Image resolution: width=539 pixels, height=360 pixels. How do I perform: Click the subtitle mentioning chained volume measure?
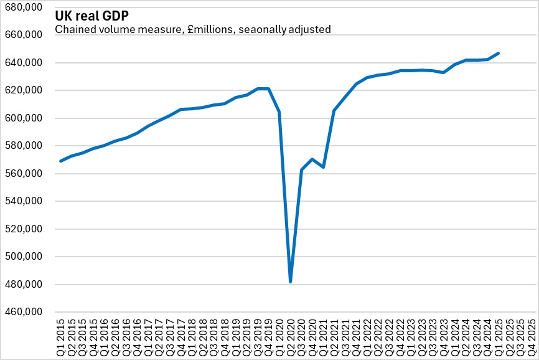(x=192, y=29)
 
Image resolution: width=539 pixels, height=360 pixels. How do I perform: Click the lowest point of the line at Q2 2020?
(x=291, y=282)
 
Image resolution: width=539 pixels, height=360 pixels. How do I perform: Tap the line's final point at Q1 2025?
(x=499, y=54)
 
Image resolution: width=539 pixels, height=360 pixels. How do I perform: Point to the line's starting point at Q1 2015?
(x=60, y=161)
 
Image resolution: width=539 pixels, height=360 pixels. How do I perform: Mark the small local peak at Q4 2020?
(x=312, y=159)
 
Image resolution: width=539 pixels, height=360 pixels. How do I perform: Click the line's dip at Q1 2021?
(x=324, y=167)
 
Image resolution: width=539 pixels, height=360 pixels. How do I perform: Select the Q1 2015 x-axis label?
(x=60, y=337)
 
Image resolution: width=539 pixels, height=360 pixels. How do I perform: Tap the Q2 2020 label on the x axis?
(x=291, y=337)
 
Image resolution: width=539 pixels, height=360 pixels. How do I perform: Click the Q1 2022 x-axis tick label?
(x=367, y=337)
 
